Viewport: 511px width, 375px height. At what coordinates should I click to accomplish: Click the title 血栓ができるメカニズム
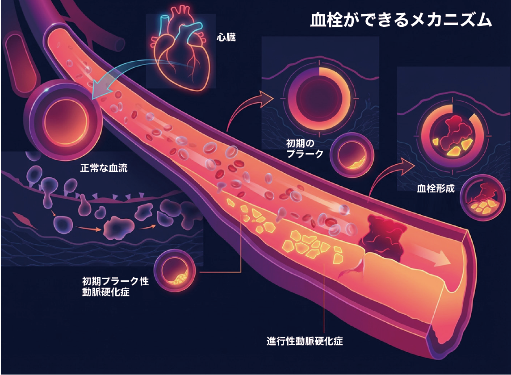point(401,21)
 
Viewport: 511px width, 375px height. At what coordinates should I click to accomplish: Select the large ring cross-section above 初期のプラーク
point(319,96)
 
